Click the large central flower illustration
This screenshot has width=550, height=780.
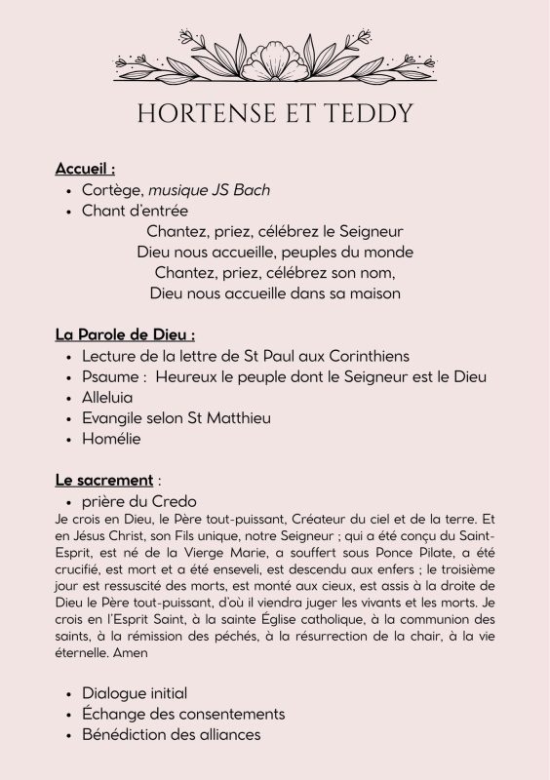(x=275, y=58)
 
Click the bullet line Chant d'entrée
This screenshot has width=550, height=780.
(x=135, y=211)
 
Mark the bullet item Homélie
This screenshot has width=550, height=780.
(x=112, y=439)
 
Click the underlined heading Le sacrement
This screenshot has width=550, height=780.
(x=103, y=481)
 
